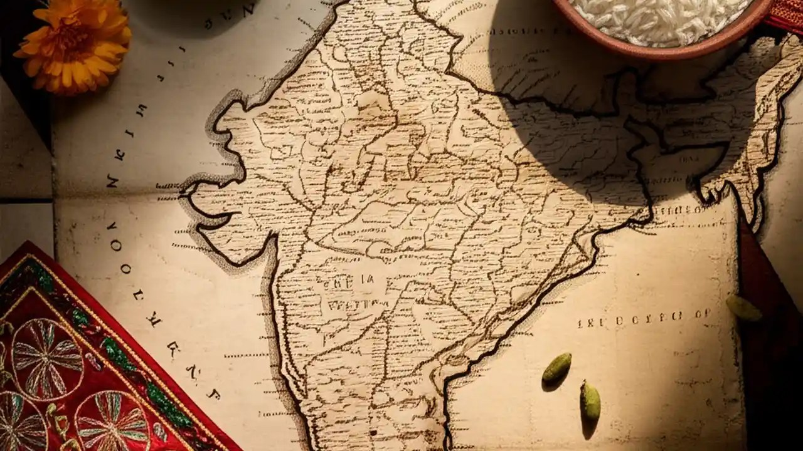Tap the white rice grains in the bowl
pos(659,19)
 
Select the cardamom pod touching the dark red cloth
pos(744,308)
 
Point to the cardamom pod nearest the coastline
pos(556,367)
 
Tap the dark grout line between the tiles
pos(25,199)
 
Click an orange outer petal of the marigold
pos(28,53)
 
